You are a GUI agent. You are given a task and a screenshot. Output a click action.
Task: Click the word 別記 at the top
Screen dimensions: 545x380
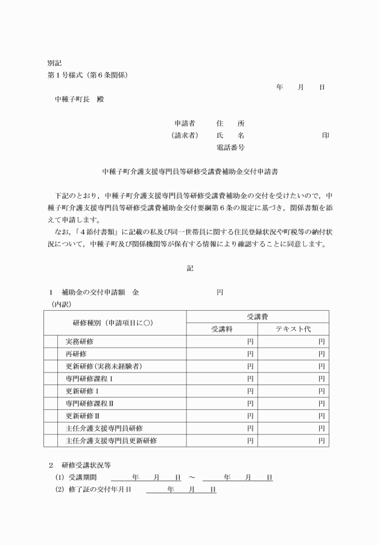coord(55,63)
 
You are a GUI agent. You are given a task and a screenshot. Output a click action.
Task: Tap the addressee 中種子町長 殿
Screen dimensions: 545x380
coord(79,99)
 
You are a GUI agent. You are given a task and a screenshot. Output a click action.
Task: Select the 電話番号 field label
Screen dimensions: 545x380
coord(230,147)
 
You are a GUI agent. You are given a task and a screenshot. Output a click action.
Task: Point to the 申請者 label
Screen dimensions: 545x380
coord(185,123)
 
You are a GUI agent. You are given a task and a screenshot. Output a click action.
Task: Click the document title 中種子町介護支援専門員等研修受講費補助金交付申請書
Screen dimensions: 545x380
coord(190,171)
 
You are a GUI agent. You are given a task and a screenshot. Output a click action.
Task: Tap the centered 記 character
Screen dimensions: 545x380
coord(190,268)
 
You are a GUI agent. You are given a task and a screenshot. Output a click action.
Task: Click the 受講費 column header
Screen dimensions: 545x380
coord(258,317)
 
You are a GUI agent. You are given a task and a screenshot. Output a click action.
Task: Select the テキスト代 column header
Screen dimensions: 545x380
coord(293,330)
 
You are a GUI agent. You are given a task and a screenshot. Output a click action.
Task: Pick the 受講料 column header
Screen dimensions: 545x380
coord(222,330)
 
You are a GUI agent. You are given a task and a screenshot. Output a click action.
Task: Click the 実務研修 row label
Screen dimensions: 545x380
coord(80,342)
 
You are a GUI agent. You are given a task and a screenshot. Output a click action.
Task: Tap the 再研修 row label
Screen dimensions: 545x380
coord(76,354)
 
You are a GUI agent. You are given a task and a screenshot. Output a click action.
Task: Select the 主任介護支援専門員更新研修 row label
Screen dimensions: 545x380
coord(111,441)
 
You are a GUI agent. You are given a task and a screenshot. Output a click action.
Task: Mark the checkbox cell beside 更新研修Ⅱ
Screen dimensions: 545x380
coord(52,416)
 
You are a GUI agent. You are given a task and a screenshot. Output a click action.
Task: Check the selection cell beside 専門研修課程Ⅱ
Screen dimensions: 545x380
coord(52,403)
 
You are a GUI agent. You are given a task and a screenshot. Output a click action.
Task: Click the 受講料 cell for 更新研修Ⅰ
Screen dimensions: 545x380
coord(222,391)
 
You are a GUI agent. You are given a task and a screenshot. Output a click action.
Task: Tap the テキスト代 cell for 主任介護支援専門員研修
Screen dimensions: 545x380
coord(293,428)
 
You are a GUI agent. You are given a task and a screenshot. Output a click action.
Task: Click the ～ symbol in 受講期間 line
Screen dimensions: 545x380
coord(191,477)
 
